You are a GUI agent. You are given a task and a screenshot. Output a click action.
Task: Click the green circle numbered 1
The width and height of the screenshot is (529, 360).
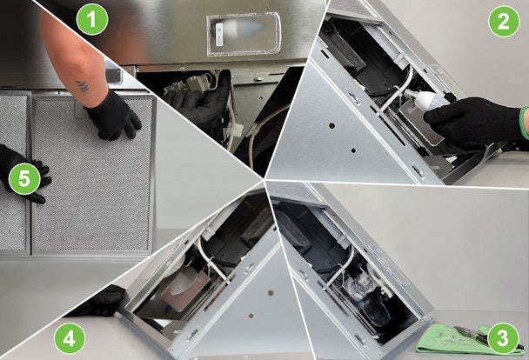click(x=91, y=19)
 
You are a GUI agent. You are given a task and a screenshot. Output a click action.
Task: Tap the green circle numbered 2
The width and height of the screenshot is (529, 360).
click(x=504, y=21)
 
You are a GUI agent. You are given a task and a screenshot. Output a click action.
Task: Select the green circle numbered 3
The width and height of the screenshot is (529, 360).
click(x=503, y=338)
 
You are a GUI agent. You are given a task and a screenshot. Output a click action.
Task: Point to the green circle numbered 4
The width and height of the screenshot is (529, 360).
click(x=69, y=339)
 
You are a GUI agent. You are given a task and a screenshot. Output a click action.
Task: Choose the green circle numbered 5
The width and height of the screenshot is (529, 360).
click(x=24, y=178)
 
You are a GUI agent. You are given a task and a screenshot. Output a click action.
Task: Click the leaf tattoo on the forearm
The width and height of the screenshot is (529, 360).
click(x=83, y=87)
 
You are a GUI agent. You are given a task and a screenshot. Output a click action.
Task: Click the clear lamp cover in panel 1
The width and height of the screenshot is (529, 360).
click(x=244, y=35)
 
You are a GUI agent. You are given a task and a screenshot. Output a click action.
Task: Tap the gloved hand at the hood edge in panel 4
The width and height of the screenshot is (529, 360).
click(x=101, y=301)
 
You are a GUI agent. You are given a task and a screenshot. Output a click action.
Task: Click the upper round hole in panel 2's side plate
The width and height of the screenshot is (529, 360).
click(x=332, y=126)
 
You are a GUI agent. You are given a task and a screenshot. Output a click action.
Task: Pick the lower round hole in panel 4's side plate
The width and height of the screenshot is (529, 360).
click(x=251, y=316)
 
